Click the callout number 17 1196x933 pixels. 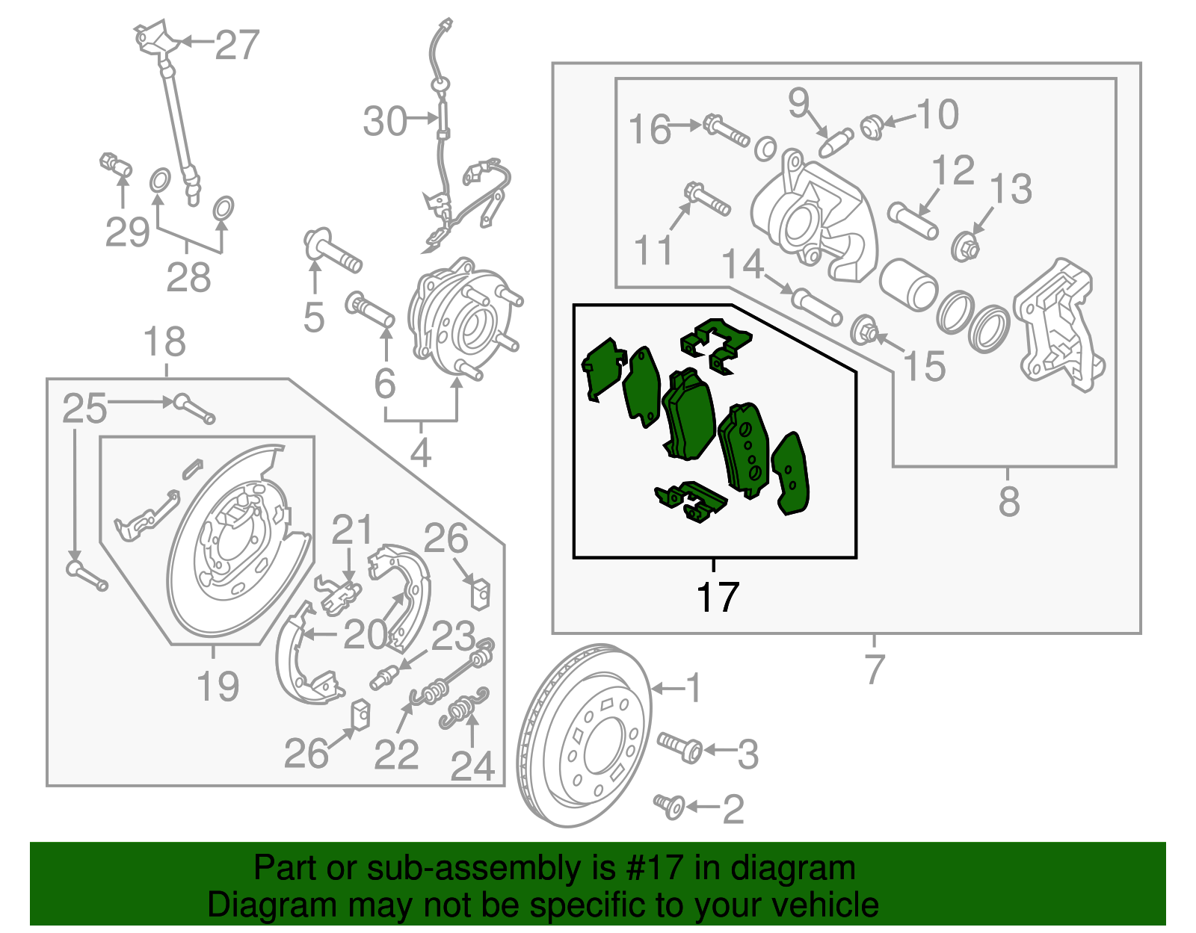pos(718,598)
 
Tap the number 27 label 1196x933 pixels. pos(237,45)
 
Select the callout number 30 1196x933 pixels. pos(385,121)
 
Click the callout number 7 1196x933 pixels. pos(874,669)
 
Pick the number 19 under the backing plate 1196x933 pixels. pos(218,686)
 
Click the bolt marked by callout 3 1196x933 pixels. pos(680,747)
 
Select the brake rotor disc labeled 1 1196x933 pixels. pos(583,736)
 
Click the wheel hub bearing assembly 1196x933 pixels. pos(463,317)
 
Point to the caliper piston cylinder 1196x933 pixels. pos(908,284)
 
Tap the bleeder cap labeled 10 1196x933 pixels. pos(871,127)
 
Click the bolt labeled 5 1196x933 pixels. pos(333,252)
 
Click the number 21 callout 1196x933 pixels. pos(351,531)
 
